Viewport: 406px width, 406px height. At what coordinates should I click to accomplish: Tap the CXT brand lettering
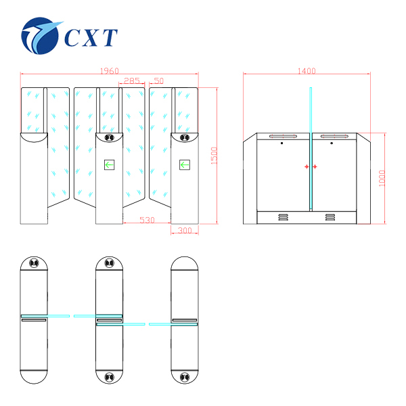pyautogui.click(x=92, y=37)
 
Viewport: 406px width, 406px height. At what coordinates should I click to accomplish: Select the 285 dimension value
pyautogui.click(x=133, y=81)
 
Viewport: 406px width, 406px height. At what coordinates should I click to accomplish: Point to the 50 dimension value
pyautogui.click(x=159, y=81)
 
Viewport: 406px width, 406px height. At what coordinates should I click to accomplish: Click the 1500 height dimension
pyautogui.click(x=214, y=156)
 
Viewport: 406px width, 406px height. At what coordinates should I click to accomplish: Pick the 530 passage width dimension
pyautogui.click(x=148, y=220)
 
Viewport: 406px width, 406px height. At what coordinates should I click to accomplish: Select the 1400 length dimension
pyautogui.click(x=307, y=70)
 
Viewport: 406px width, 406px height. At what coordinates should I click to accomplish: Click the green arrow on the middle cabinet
pyautogui.click(x=109, y=164)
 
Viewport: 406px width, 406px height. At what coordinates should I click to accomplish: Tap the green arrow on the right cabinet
pyautogui.click(x=184, y=164)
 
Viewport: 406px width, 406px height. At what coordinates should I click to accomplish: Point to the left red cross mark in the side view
pyautogui.click(x=307, y=166)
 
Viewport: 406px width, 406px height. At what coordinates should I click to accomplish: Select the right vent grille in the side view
pyautogui.click(x=330, y=217)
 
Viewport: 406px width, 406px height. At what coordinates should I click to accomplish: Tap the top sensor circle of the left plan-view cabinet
pyautogui.click(x=34, y=263)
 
